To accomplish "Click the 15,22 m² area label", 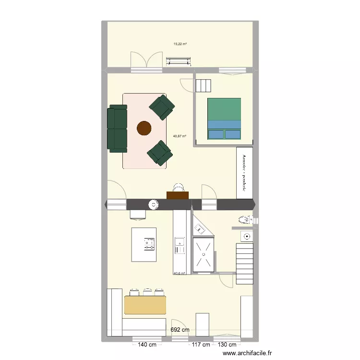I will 180,44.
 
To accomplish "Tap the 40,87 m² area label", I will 180,136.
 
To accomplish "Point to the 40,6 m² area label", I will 180,274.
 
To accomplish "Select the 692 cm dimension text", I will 180,330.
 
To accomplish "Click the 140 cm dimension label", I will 147,345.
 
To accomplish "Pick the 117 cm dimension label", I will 201,345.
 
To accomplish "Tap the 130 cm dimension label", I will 227,345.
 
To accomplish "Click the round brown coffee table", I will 144,128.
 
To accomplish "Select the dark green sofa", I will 117,129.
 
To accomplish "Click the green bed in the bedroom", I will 224,119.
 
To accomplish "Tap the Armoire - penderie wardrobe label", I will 245,173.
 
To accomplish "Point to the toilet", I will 244,221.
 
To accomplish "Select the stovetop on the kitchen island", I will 150,243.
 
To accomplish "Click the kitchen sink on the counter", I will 179,245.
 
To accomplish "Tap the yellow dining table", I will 145,305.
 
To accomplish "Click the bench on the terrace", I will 179,61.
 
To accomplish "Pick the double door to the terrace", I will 146,61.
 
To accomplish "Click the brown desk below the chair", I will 178,194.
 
